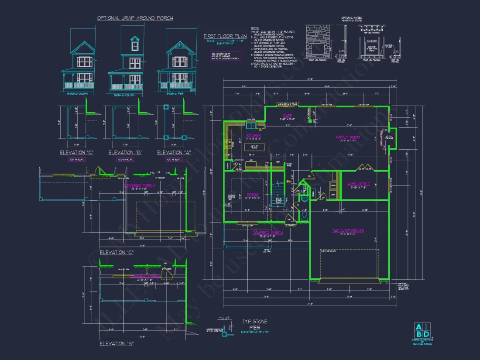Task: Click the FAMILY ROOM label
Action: [347, 137]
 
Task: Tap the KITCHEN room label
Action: [254, 136]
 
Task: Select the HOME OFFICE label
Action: [358, 184]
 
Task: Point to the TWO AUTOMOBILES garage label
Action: [348, 230]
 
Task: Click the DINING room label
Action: [252, 195]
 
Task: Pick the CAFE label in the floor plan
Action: [287, 116]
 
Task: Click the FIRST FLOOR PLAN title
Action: [219, 36]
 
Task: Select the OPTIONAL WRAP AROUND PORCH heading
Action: [135, 18]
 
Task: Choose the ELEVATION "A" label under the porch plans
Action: [172, 152]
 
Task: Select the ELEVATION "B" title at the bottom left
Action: [117, 343]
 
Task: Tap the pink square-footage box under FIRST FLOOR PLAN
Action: [222, 56]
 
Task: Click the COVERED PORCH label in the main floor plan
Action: [267, 233]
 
